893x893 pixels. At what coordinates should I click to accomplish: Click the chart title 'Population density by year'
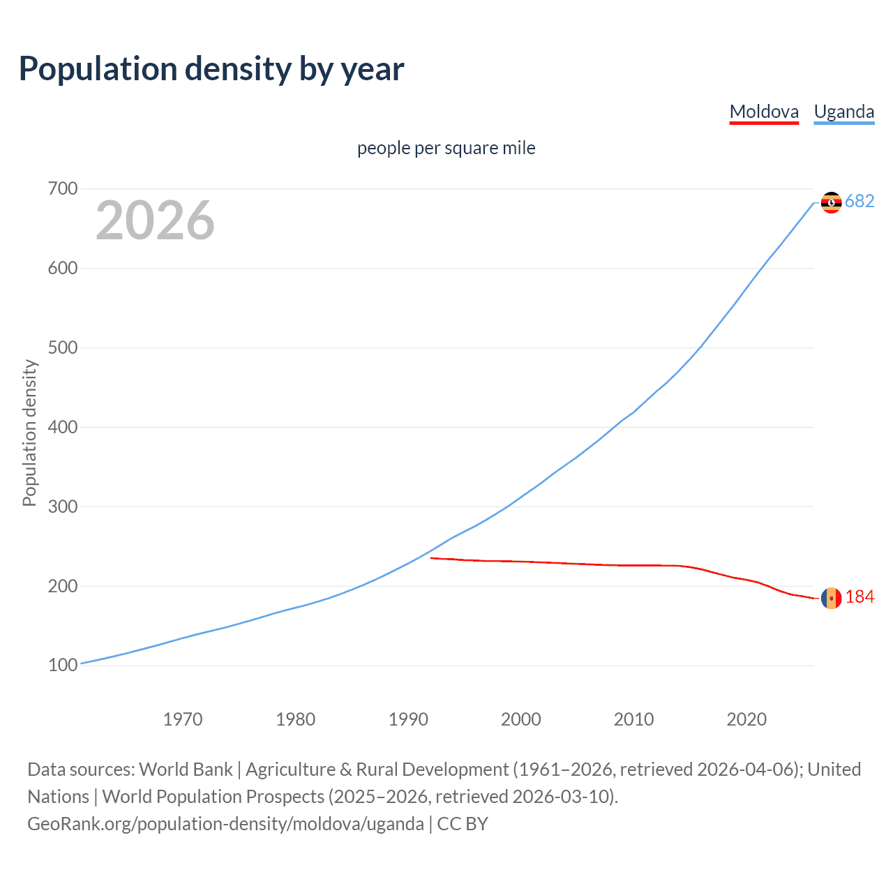click(211, 69)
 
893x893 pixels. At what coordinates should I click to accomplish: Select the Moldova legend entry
click(764, 112)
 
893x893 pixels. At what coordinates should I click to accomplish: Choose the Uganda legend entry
click(844, 112)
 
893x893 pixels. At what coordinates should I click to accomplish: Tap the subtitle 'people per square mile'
click(446, 149)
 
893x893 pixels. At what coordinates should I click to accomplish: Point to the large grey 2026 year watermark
click(155, 220)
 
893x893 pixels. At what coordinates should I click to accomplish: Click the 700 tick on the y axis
click(63, 189)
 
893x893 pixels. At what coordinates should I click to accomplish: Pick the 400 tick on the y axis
click(63, 427)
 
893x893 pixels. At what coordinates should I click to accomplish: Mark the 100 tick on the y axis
click(63, 666)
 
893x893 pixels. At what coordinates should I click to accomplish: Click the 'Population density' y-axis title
click(29, 433)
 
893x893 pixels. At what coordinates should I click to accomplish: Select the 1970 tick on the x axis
click(183, 719)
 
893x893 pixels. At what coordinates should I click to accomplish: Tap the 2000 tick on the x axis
click(521, 719)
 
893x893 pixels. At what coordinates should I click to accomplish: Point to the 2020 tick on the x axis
click(746, 719)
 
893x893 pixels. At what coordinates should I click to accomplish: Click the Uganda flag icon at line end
click(831, 202)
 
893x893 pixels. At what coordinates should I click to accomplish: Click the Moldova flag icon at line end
click(831, 598)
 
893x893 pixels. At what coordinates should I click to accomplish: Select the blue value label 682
click(860, 202)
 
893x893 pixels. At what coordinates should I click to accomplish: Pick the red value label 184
click(860, 597)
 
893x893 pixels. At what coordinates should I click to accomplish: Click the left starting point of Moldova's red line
click(432, 558)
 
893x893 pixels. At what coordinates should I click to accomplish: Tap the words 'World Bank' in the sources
click(186, 770)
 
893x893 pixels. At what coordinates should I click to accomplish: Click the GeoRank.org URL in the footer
click(225, 824)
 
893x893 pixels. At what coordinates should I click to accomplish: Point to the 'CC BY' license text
click(463, 824)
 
